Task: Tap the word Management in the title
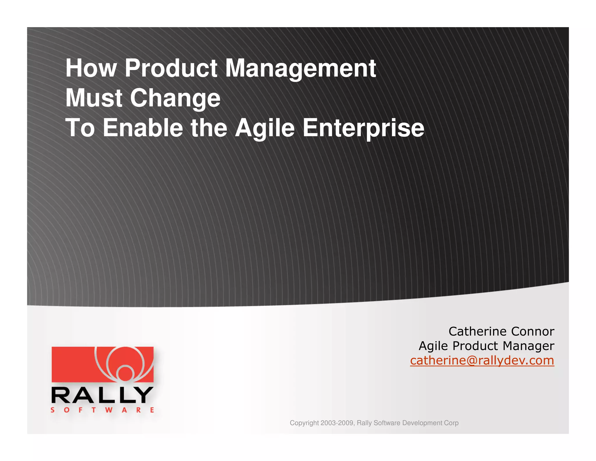point(301,69)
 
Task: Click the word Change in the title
point(175,99)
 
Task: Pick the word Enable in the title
point(143,128)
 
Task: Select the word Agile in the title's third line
point(265,129)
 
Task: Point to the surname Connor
point(533,332)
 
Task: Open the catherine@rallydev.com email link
point(482,361)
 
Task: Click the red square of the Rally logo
point(73,364)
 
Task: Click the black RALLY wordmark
point(102,395)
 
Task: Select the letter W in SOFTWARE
point(109,410)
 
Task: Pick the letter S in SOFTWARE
point(53,410)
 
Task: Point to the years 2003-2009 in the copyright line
point(337,423)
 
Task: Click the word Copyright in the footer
point(304,423)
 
